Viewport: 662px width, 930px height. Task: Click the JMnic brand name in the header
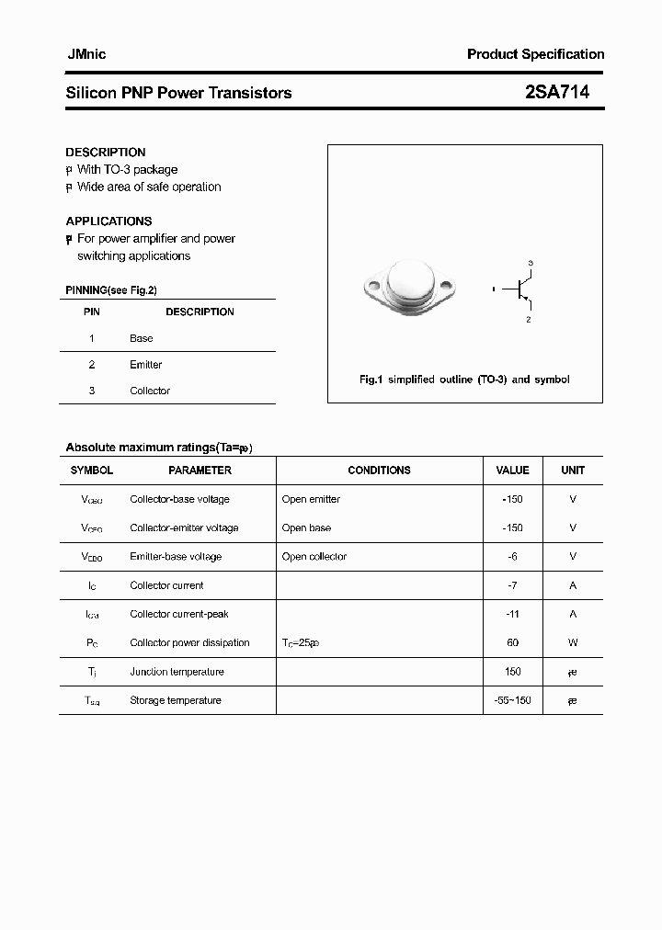[86, 54]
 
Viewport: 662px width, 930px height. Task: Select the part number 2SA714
[557, 92]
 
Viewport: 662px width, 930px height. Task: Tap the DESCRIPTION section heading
[106, 153]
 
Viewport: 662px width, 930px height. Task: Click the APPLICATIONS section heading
[108, 221]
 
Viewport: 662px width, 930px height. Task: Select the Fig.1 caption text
[464, 380]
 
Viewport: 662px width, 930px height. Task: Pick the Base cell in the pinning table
[142, 338]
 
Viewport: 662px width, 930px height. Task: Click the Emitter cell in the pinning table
[146, 365]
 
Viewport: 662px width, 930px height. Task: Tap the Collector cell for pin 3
[150, 391]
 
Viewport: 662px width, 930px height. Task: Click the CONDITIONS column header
[379, 471]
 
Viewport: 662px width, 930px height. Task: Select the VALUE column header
[512, 471]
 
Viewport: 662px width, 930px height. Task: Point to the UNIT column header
[573, 471]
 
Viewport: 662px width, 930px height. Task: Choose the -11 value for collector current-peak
[513, 614]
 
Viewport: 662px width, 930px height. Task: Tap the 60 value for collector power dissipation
[513, 643]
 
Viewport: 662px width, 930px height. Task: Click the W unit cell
[573, 643]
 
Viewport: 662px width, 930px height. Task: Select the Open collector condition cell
[314, 557]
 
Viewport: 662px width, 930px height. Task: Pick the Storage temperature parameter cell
[176, 700]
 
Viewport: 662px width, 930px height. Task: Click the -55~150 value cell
[513, 700]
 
